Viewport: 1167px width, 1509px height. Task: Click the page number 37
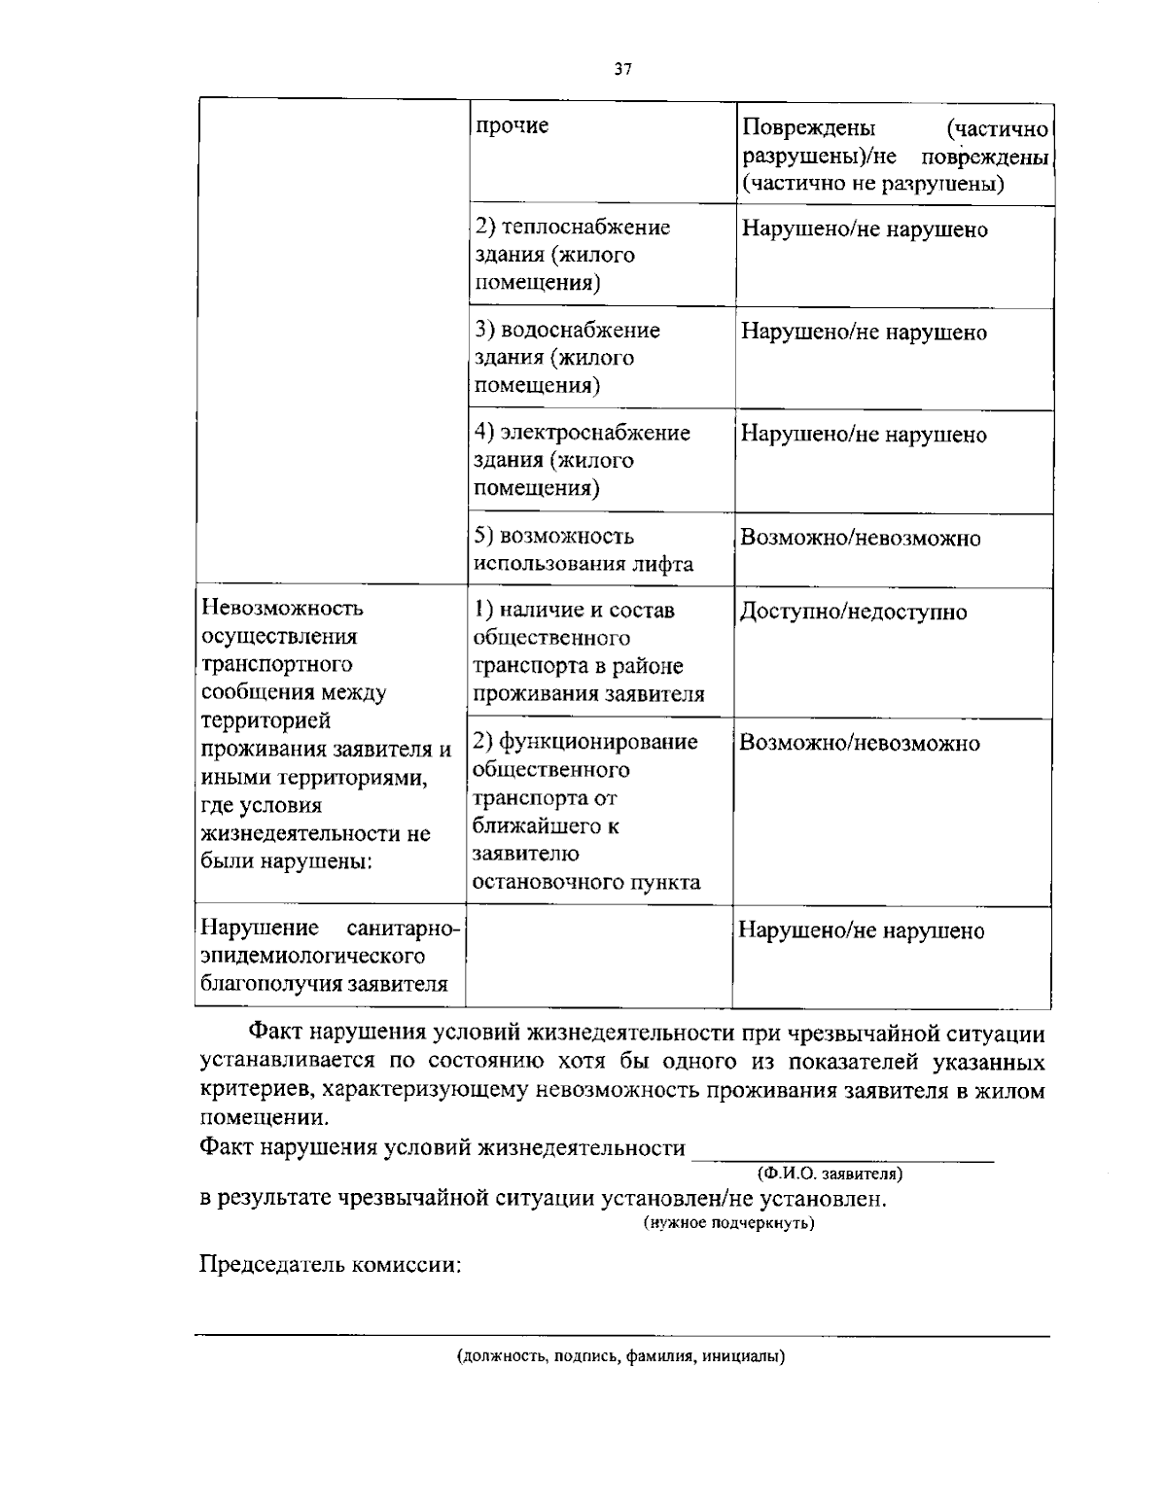click(623, 68)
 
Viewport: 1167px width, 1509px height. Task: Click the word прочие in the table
click(512, 126)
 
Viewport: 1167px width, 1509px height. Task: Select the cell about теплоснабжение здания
click(573, 255)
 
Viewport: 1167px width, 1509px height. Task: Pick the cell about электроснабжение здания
click(582, 460)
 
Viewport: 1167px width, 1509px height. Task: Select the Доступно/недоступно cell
click(854, 613)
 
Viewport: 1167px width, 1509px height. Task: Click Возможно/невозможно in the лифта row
click(861, 539)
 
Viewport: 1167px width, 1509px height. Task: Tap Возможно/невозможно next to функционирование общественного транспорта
click(860, 744)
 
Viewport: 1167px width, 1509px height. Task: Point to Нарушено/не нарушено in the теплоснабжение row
click(865, 230)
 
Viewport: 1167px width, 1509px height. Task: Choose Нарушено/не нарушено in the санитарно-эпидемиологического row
click(862, 931)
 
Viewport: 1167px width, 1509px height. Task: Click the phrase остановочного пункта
click(585, 883)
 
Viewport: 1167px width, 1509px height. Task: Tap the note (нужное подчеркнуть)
click(728, 1223)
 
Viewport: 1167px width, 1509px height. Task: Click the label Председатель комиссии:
click(330, 1265)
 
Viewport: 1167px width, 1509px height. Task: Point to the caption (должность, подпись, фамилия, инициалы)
click(621, 1356)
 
